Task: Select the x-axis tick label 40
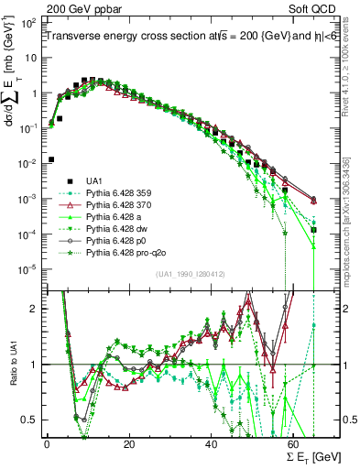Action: (211, 444)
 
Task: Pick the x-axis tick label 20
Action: (128, 444)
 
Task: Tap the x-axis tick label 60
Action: (293, 444)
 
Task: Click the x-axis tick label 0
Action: (47, 444)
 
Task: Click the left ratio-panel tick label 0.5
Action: (33, 420)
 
